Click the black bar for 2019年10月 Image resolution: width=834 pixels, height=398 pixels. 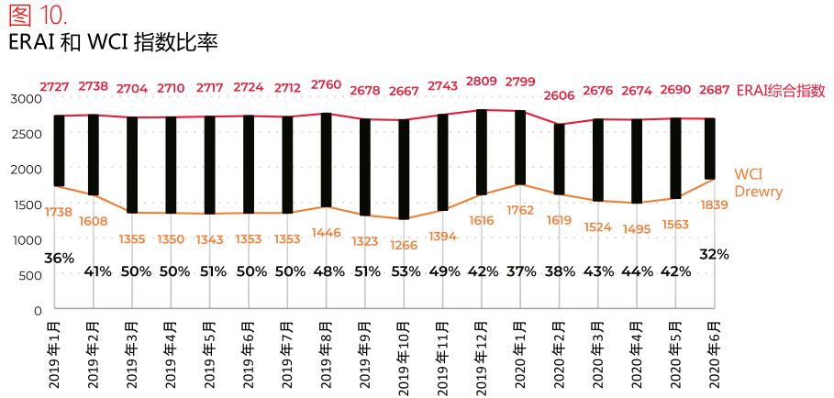(404, 169)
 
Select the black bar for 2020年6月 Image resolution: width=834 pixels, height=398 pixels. (710, 149)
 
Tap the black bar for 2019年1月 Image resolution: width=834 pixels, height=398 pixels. (59, 150)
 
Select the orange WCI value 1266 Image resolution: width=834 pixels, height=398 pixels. (404, 245)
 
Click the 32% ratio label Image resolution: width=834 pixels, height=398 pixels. (714, 254)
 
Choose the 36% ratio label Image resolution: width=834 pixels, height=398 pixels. (59, 259)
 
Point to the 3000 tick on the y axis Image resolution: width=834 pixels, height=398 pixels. (27, 98)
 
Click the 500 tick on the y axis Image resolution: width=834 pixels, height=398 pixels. (30, 275)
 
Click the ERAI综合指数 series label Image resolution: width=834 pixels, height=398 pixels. (781, 91)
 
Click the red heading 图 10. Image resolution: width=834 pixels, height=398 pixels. (38, 16)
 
